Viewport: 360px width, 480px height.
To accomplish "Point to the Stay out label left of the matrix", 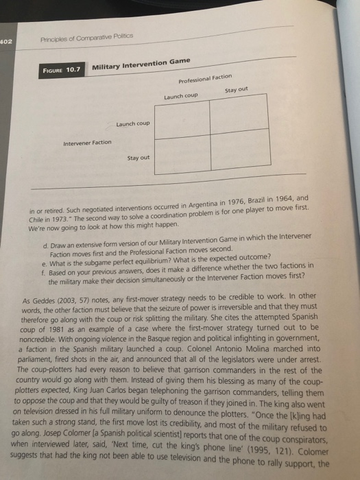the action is tap(139, 158).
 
